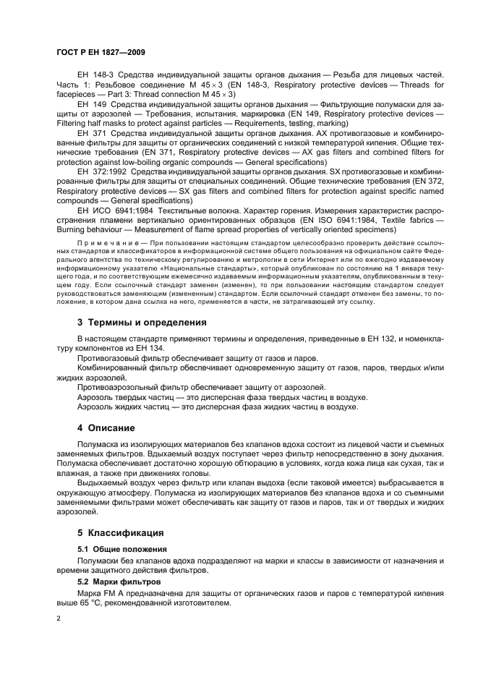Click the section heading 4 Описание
pyautogui.click(x=106, y=427)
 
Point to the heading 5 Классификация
pyautogui.click(x=120, y=532)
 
